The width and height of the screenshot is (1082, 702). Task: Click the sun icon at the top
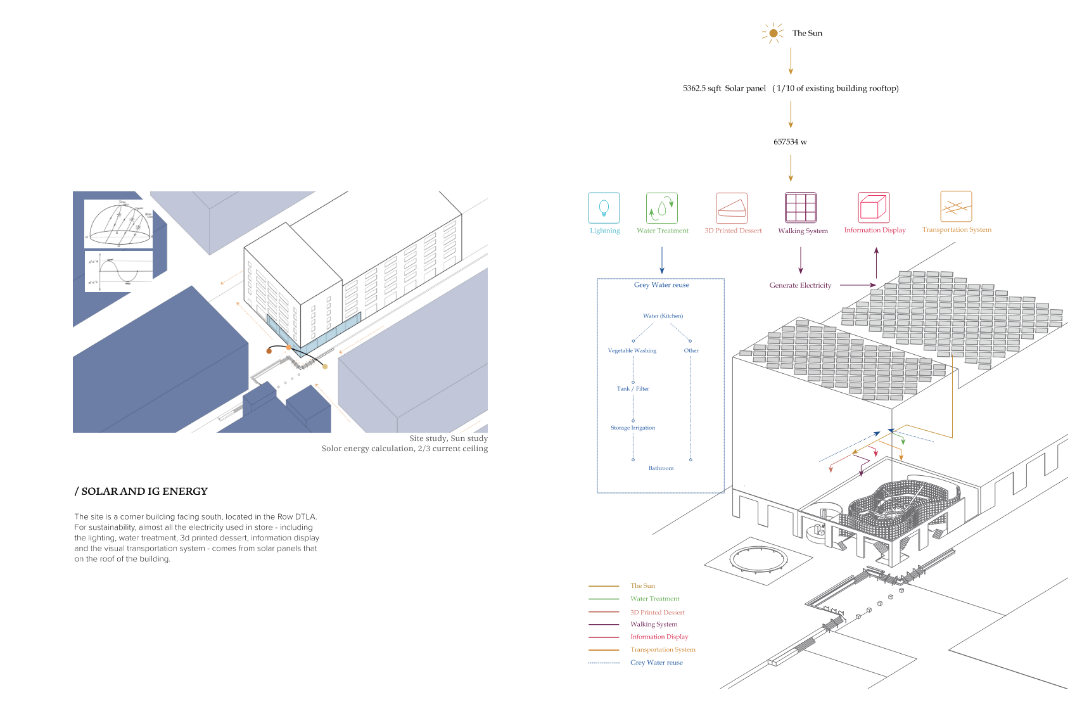click(x=773, y=33)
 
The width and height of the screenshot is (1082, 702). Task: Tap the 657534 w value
click(x=790, y=142)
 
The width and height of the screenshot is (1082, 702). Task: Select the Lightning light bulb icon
click(x=604, y=208)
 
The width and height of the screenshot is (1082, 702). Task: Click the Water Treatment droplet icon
click(x=662, y=208)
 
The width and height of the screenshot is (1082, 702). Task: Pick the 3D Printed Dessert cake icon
click(x=732, y=208)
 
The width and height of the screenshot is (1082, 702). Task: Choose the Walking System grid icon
click(x=801, y=207)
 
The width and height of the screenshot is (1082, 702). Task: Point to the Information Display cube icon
click(x=874, y=207)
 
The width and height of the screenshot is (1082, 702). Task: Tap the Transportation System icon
click(x=956, y=207)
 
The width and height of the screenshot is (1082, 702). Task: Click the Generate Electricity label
click(x=800, y=286)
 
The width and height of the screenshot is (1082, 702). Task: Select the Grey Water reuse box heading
click(x=661, y=285)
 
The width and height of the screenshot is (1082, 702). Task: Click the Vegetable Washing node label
click(x=632, y=351)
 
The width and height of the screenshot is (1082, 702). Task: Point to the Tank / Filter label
click(x=633, y=389)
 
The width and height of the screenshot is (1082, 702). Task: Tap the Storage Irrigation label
click(x=633, y=428)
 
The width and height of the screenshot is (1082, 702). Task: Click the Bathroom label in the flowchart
click(x=661, y=469)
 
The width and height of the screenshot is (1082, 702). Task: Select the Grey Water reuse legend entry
click(x=656, y=663)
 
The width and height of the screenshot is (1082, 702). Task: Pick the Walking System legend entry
click(x=653, y=625)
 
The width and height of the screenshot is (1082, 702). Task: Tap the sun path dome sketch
click(x=119, y=224)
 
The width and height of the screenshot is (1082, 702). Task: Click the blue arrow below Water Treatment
click(x=662, y=260)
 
